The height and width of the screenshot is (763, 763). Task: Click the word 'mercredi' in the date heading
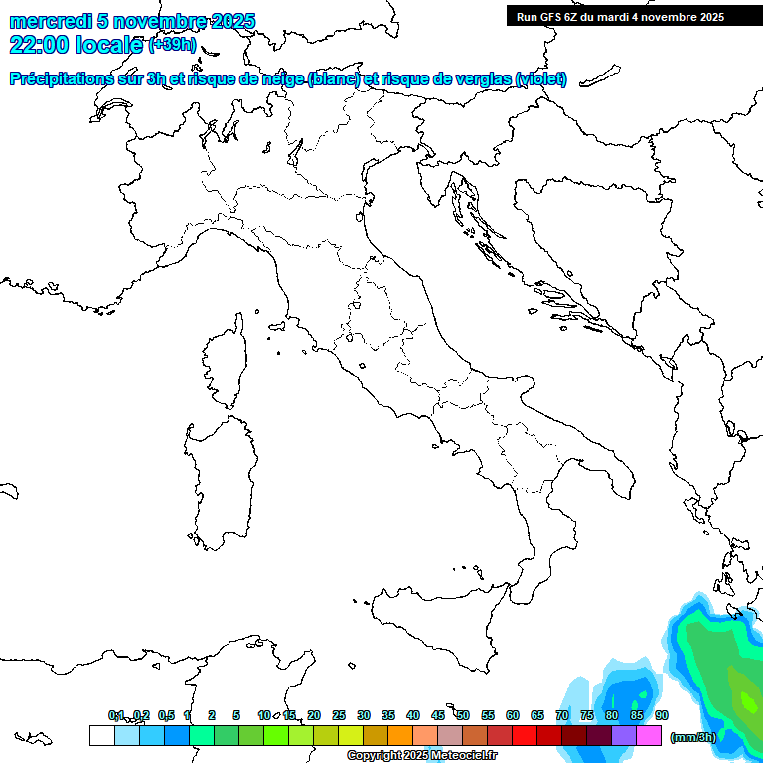(x=51, y=21)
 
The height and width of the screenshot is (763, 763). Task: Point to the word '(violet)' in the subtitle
(x=541, y=78)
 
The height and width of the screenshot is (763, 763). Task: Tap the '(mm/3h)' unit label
(x=692, y=736)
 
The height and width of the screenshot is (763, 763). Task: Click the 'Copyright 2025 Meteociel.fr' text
(x=422, y=756)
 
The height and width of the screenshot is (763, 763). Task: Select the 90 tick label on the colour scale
(x=662, y=715)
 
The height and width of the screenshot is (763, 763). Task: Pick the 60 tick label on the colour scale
(x=513, y=715)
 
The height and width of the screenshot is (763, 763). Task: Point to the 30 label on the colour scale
(x=364, y=715)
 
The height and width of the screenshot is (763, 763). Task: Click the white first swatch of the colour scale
(x=101, y=736)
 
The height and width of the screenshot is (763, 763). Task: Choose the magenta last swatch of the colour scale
(x=649, y=736)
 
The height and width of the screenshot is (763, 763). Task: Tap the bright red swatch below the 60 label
(x=525, y=736)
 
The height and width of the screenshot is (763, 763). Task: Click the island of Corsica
(x=226, y=363)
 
